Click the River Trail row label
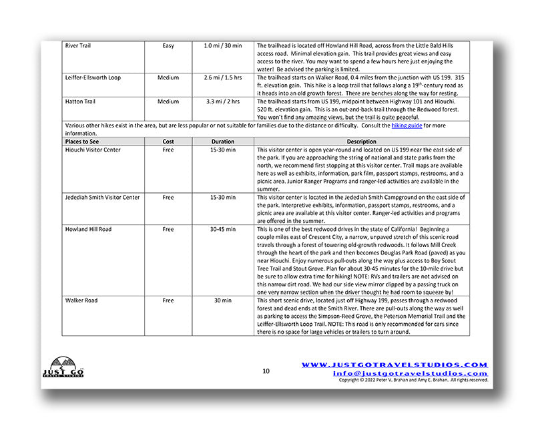78,46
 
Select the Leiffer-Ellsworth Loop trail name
93,77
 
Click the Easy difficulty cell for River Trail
168,46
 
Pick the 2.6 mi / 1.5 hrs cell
223,77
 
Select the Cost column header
168,142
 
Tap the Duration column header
223,142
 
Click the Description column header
362,142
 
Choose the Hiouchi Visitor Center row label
93,150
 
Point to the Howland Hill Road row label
88,229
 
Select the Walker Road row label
81,301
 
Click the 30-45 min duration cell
223,229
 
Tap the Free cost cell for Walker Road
168,301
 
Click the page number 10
266,371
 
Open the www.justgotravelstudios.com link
394,365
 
